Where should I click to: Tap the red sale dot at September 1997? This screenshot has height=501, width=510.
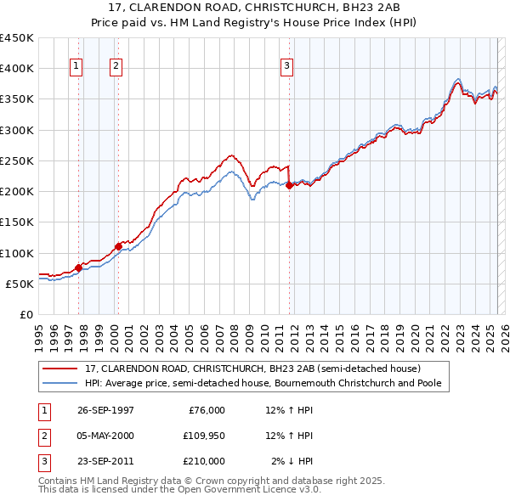78,267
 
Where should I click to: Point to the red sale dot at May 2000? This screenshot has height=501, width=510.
118,246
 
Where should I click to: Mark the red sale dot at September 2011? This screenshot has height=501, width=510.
290,185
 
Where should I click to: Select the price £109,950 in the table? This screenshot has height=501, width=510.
203,436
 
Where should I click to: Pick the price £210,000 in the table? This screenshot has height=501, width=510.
203,461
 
